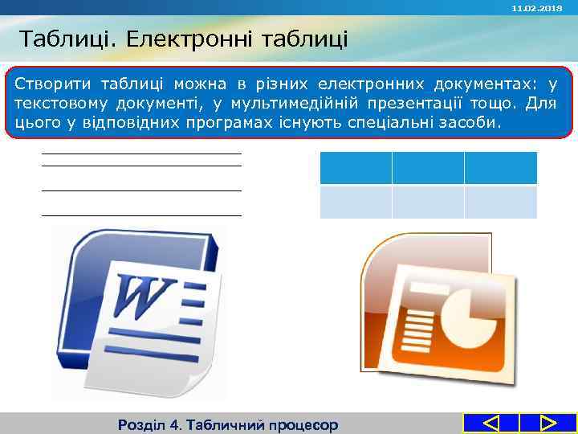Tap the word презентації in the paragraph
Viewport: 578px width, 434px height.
407,104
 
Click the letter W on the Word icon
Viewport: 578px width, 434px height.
144,297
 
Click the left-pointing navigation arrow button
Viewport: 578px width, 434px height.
491,424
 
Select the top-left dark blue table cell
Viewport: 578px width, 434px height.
356,168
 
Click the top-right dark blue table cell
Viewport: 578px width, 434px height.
500,168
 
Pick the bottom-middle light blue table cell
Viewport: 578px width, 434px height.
428,203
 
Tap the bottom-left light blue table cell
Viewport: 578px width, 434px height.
356,203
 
